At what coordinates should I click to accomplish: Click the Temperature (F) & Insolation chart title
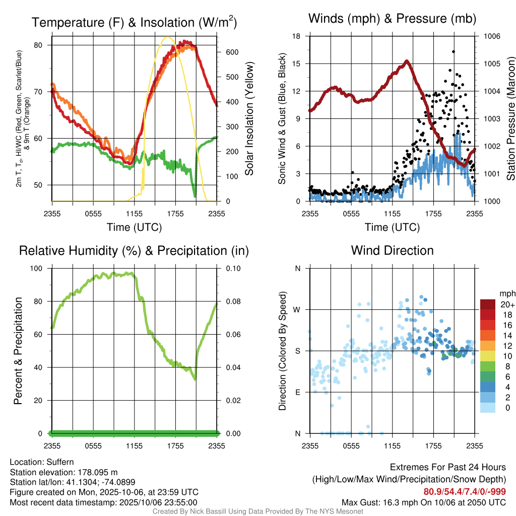(x=134, y=23)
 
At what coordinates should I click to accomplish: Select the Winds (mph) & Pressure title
(x=392, y=19)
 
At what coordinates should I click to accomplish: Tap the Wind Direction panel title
(x=392, y=250)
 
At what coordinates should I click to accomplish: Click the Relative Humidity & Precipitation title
(x=134, y=250)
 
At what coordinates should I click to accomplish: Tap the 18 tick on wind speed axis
(x=297, y=36)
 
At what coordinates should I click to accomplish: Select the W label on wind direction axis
(x=297, y=309)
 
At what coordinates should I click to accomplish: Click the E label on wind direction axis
(x=297, y=392)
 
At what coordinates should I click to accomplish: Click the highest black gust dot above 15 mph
(x=454, y=51)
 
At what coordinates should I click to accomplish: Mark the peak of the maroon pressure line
(x=407, y=61)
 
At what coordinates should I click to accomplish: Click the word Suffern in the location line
(x=60, y=462)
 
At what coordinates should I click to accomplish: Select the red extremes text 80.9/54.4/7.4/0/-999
(x=465, y=492)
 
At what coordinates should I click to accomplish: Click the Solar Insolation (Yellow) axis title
(x=249, y=119)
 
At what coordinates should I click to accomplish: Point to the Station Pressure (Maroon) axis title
(x=510, y=119)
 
